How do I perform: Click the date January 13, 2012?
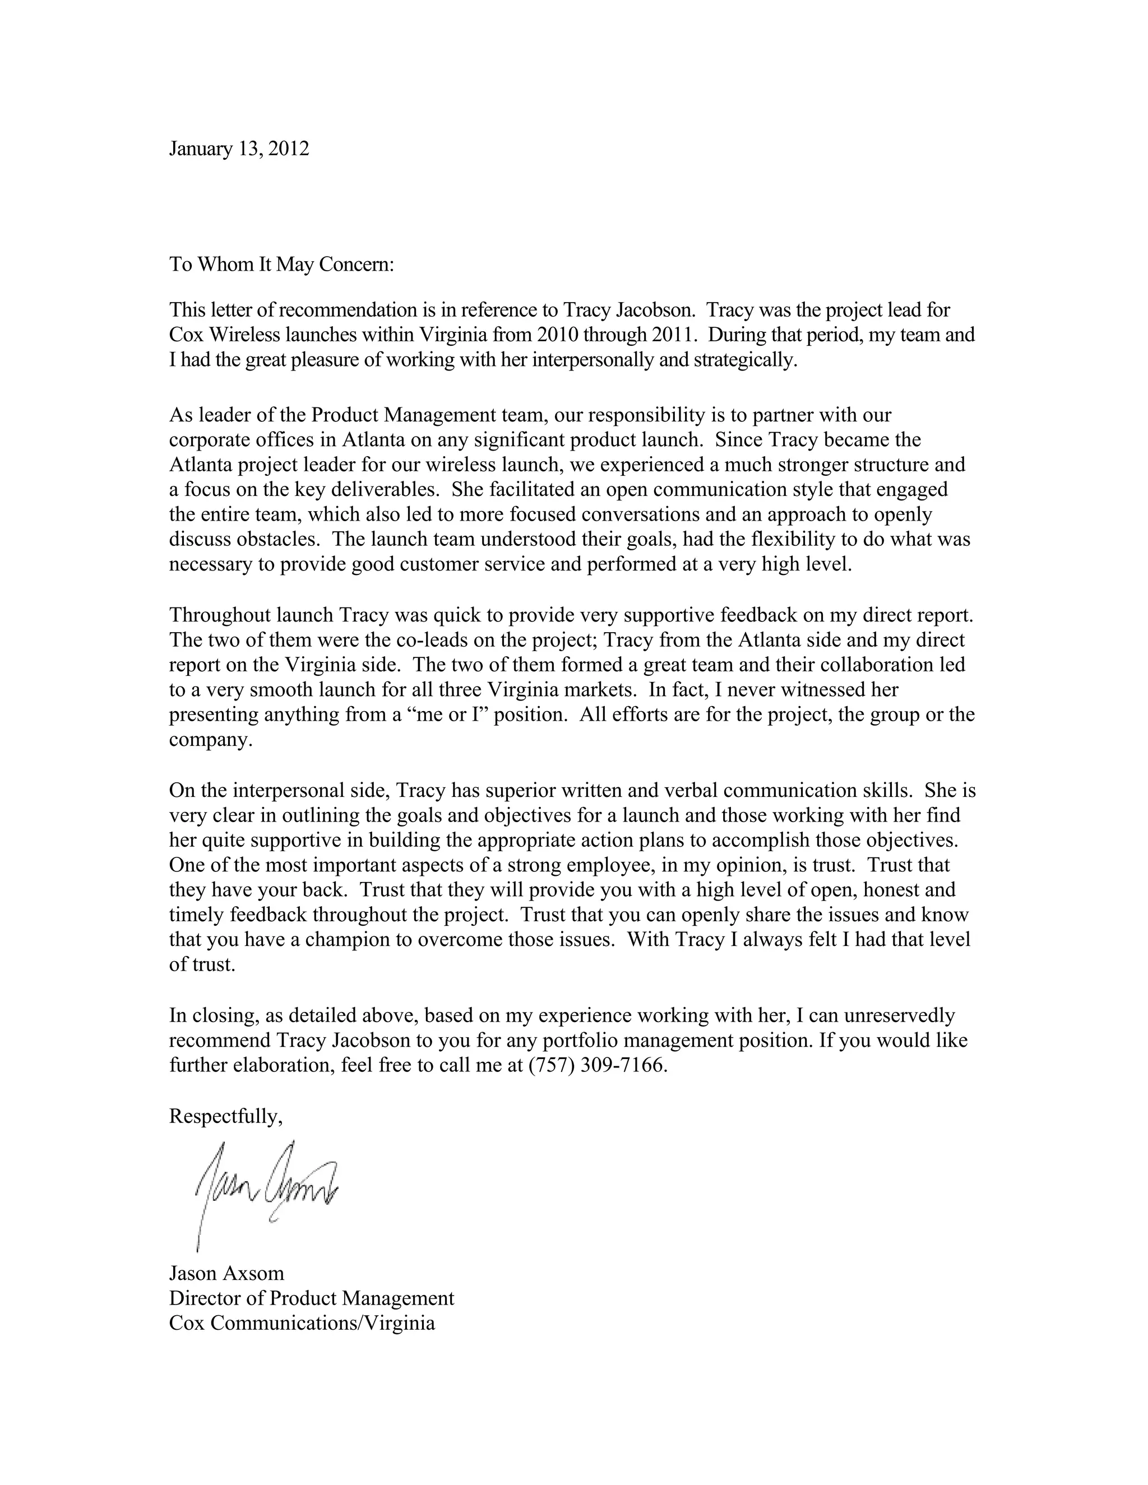click(x=239, y=149)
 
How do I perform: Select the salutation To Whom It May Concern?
click(x=281, y=264)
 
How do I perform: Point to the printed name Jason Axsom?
click(x=226, y=1273)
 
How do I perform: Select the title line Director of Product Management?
click(x=312, y=1298)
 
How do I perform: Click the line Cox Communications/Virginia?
click(x=302, y=1323)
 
